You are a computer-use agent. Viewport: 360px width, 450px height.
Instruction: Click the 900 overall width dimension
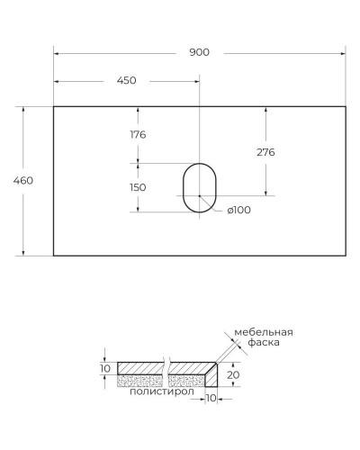(199, 52)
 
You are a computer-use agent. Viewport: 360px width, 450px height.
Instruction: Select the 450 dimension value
(126, 81)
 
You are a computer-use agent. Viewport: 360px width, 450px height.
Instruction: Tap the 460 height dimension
(23, 180)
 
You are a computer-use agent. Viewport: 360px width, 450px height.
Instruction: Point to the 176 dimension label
(138, 135)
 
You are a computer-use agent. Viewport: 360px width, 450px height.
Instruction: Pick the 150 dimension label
(138, 187)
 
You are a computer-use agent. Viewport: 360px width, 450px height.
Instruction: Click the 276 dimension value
(265, 152)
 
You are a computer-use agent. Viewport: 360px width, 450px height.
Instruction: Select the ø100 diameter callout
(238, 210)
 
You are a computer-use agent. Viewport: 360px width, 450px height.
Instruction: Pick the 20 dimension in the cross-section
(232, 374)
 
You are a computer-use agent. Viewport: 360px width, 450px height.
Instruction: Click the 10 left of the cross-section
(104, 369)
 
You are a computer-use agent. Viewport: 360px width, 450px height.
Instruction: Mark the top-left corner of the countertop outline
(54, 106)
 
